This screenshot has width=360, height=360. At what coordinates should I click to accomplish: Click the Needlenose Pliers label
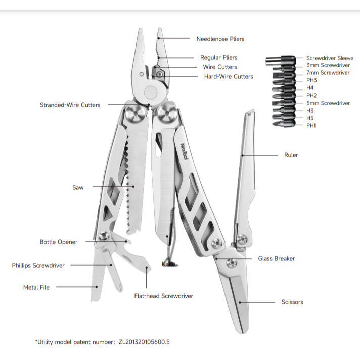pos(220,39)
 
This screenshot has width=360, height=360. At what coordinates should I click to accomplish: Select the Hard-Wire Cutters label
pos(229,76)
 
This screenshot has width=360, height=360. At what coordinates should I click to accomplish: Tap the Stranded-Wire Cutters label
pos(70,105)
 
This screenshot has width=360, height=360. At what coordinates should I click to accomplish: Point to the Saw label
pos(78,187)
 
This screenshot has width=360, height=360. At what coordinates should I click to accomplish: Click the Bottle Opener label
pos(59,242)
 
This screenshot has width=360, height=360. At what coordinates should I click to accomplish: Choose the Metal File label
pos(36,287)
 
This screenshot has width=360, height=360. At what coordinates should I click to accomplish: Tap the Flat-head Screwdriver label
pos(163,296)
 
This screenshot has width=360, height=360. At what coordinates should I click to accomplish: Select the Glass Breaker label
pos(277,258)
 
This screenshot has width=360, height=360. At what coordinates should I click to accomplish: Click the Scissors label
pos(292,302)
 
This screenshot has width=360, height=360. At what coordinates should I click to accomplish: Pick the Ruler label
pos(291,155)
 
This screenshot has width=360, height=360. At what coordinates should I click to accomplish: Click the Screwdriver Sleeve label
pos(330,58)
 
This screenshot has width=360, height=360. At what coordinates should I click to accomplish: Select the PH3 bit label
pos(311,80)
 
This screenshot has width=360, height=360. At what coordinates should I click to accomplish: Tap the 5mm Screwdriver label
pos(328,103)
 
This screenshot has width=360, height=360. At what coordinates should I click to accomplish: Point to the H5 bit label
pos(310,118)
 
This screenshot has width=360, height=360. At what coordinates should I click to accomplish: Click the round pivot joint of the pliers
pos(150,92)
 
